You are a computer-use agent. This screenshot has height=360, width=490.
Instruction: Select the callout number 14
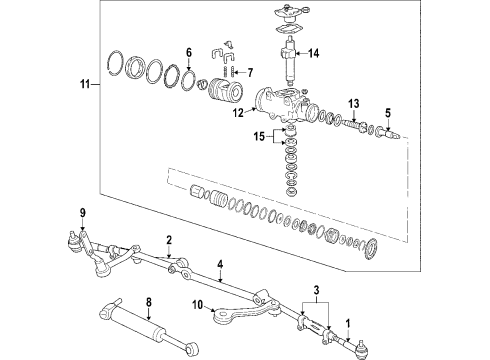[x=313, y=53]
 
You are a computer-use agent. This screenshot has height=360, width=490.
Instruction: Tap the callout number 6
[x=188, y=52]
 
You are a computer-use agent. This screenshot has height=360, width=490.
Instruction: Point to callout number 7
[x=249, y=72]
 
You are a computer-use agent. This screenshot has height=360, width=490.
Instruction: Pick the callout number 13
[x=353, y=104]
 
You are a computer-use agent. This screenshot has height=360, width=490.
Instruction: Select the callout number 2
[x=170, y=240]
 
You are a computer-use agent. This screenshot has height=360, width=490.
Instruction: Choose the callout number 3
[x=318, y=293]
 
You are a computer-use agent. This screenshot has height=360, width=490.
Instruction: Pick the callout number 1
[x=348, y=323]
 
